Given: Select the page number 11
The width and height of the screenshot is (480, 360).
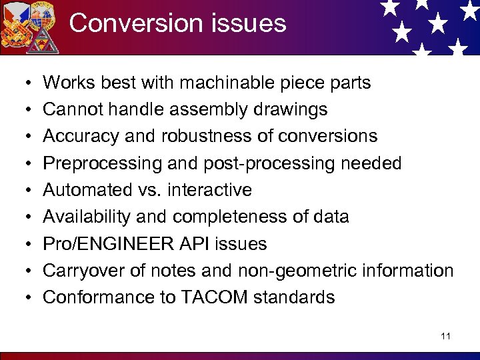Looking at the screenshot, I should pyautogui.click(x=445, y=336).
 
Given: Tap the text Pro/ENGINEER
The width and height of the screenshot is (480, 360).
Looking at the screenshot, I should pyautogui.click(x=105, y=244).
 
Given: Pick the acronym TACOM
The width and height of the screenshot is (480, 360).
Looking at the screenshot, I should pyautogui.click(x=213, y=297).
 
